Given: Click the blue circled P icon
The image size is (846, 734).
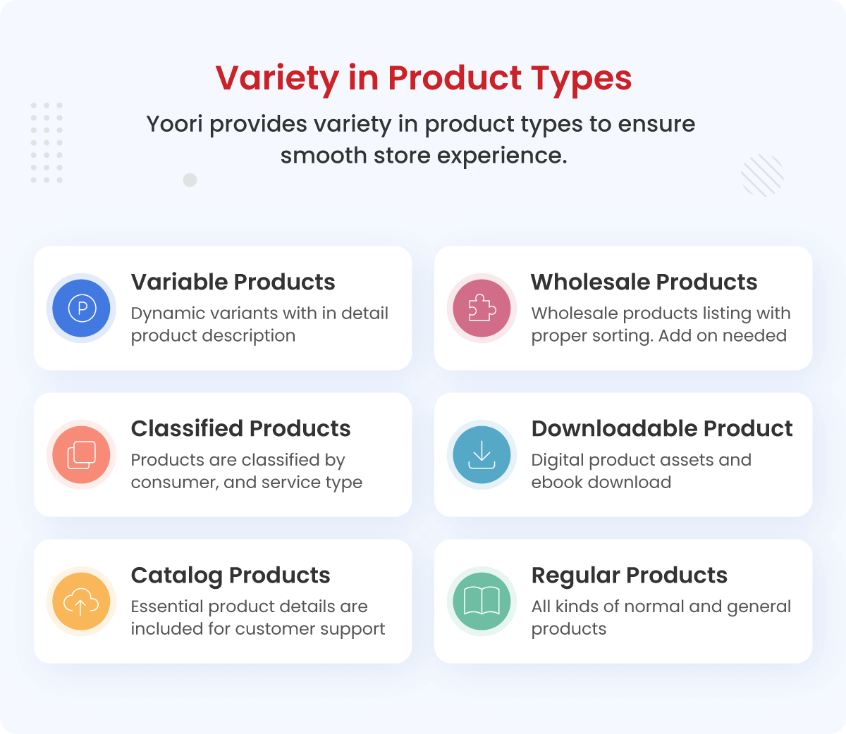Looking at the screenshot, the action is (x=82, y=308).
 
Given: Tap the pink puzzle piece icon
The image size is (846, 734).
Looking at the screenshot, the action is (x=482, y=308).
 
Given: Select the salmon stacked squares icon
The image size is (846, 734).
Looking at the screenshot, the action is (x=82, y=455).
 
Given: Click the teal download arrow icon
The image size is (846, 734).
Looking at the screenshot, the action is (x=482, y=455).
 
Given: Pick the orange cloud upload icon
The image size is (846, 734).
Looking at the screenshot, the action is (x=82, y=602).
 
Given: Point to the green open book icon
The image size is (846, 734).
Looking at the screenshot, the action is (x=482, y=602).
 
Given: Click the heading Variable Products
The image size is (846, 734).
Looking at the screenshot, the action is (x=233, y=282).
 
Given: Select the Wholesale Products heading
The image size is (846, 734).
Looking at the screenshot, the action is (x=644, y=282).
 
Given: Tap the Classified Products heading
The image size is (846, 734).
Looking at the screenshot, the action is (x=240, y=429).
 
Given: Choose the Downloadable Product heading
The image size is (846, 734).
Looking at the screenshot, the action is (x=662, y=429).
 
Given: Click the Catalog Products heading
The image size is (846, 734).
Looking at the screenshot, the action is (x=231, y=576).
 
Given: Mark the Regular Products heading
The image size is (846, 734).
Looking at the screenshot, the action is (x=630, y=576).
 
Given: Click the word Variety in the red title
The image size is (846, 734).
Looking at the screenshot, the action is (x=277, y=78).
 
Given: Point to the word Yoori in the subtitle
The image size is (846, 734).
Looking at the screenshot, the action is (x=175, y=124).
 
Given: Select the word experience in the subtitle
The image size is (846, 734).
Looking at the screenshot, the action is (x=502, y=156).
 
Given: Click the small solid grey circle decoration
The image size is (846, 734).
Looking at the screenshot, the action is (x=190, y=180).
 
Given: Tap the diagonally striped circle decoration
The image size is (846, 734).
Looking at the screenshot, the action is (x=762, y=175).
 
